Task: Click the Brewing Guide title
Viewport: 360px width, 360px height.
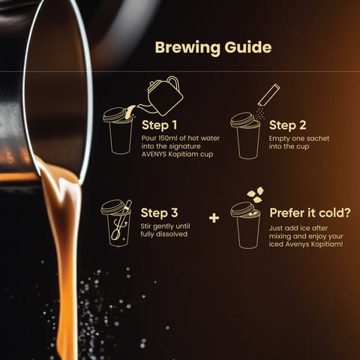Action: point(213,47)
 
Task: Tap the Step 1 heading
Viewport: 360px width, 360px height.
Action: point(159,125)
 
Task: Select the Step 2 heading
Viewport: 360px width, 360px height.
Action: point(287,125)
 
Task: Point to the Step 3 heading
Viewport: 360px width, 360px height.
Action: point(159,213)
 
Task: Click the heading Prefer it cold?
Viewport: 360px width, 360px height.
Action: point(310,213)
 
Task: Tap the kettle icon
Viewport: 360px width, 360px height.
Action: point(163,96)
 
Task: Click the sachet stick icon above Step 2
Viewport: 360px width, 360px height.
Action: point(268,95)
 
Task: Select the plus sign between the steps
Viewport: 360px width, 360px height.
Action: point(214,218)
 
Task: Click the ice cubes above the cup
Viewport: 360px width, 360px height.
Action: point(255,194)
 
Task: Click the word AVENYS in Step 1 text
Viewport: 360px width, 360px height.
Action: point(154,154)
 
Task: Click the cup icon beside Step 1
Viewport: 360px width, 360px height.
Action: point(118,131)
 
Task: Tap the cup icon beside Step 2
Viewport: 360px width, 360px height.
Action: point(245,136)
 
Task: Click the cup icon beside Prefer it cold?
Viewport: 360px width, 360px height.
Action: point(245,226)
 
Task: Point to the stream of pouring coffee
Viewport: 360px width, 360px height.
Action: point(65,250)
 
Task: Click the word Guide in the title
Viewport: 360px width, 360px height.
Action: point(248,47)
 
